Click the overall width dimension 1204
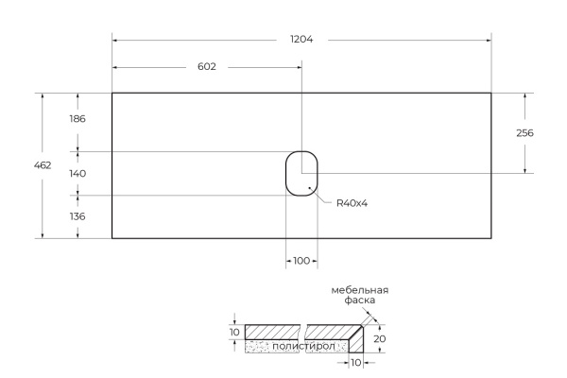302,40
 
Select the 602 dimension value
207,67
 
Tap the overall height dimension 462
43,165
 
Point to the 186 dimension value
77,119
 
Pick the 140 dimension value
77,174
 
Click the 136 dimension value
77,216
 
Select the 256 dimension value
525,133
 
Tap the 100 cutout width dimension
301,261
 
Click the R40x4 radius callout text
351,202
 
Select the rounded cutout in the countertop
301,173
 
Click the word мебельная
359,290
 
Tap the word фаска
360,301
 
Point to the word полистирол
301,348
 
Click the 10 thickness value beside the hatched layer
234,332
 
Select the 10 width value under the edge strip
357,364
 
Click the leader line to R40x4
322,196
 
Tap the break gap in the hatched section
302,332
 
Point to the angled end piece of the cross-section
357,339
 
